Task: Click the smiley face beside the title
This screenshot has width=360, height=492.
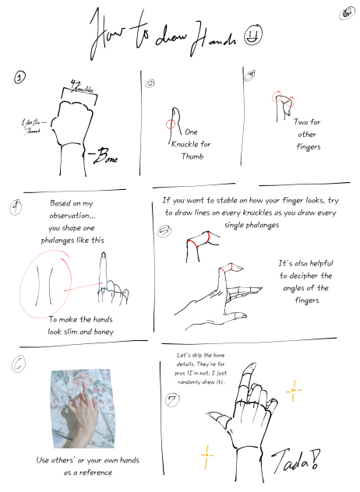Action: (x=252, y=34)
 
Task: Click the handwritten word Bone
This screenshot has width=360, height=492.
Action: (x=104, y=157)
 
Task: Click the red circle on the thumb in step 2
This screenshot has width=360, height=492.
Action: (x=171, y=123)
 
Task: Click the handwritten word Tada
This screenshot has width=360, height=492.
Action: (x=293, y=462)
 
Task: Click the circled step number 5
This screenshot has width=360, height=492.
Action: (x=164, y=230)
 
